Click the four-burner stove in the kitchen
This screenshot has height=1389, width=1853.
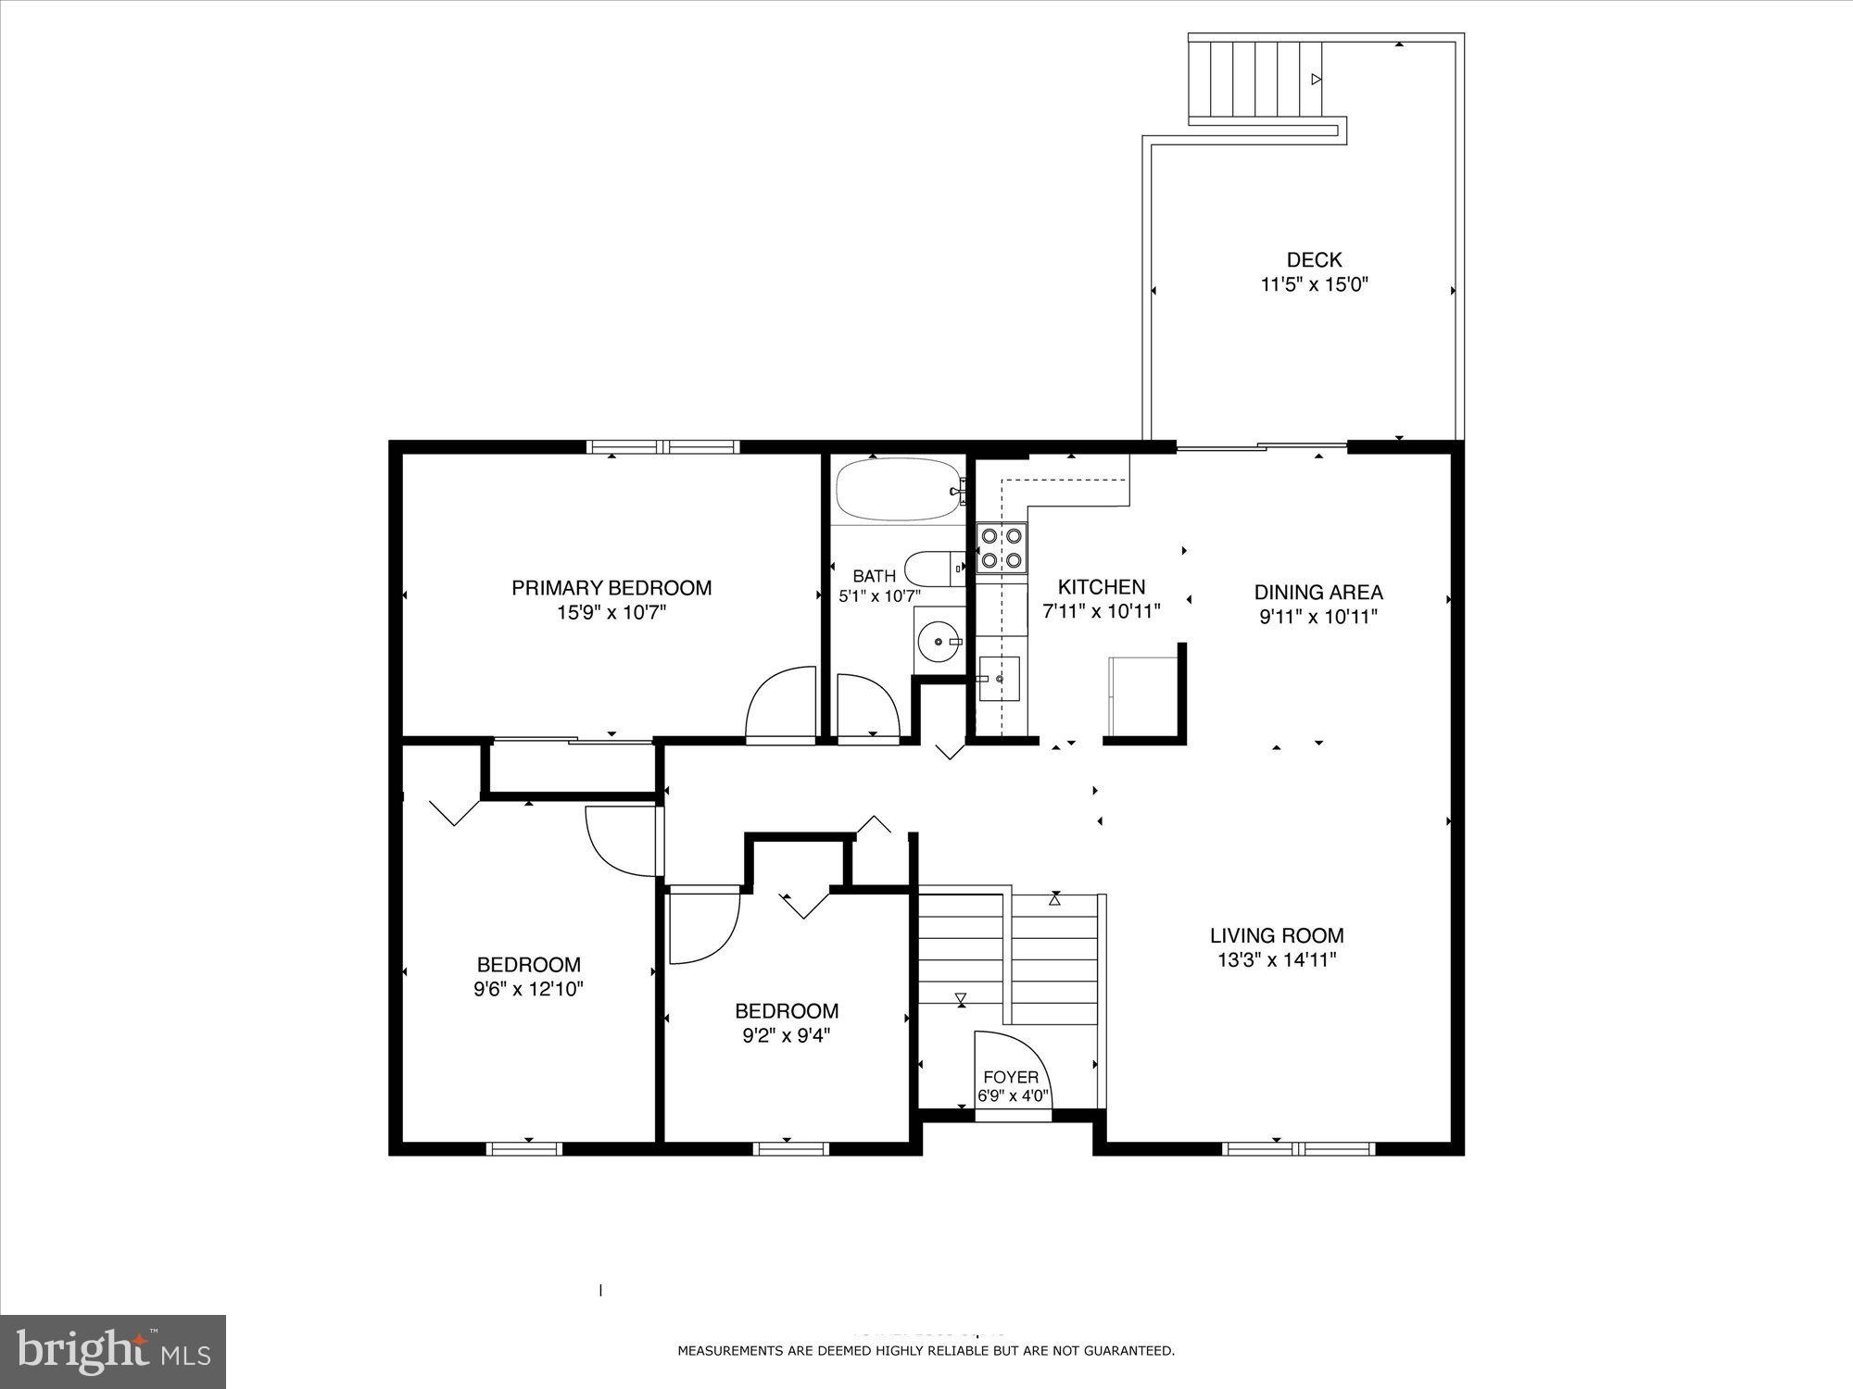(1002, 547)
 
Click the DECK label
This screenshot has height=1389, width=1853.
(1314, 260)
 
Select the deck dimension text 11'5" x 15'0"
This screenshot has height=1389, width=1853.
(1314, 285)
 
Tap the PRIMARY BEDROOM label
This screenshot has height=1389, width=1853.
(611, 588)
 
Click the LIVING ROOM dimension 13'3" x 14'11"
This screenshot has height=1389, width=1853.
(1277, 960)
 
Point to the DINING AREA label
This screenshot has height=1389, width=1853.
(1318, 593)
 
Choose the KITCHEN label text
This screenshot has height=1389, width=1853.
(1102, 587)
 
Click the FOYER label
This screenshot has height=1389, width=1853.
(1011, 1078)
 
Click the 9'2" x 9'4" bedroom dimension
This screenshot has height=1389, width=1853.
(787, 1036)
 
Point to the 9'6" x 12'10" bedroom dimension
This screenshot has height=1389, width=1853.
(528, 989)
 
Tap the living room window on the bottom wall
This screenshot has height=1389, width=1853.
(1297, 1149)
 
